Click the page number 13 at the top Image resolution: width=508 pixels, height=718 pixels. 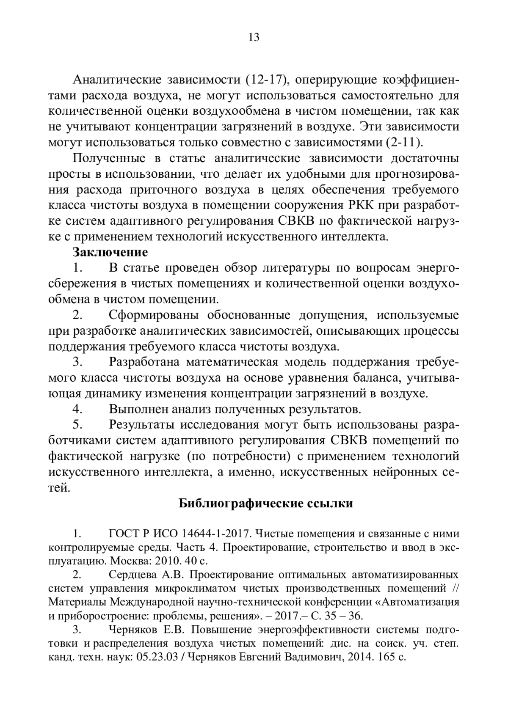pos(254,37)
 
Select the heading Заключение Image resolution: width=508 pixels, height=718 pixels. pos(110,253)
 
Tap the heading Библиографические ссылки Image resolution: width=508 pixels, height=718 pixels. pos(265,503)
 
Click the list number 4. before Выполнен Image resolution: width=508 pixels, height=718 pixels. pos(77,409)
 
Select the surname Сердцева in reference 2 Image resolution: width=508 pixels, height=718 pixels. pos(133,575)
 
